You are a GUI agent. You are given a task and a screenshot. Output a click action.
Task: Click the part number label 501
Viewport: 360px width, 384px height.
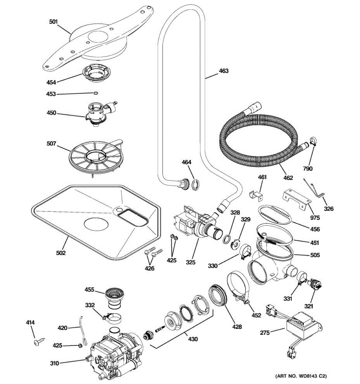click(x=53, y=22)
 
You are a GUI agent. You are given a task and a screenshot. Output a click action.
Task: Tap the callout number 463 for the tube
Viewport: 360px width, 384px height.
click(x=224, y=71)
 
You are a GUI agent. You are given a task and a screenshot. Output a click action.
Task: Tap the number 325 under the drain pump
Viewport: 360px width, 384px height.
click(x=191, y=263)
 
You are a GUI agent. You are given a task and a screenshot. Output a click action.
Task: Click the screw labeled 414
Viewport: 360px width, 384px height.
click(x=37, y=342)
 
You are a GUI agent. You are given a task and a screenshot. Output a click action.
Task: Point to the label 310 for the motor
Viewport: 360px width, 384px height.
click(x=54, y=363)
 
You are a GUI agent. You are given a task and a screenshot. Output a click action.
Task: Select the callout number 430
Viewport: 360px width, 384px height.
click(x=193, y=339)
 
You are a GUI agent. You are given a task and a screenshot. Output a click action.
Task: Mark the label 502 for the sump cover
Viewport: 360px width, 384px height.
click(x=61, y=253)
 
